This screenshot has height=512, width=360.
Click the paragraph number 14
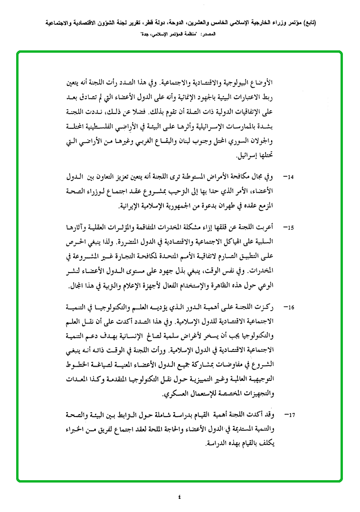click(289, 177)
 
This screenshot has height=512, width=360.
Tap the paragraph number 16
click(289, 307)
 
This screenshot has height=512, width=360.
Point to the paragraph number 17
click(289, 415)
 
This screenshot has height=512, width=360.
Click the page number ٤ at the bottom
click(180, 497)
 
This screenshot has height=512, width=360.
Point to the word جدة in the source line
click(148, 35)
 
